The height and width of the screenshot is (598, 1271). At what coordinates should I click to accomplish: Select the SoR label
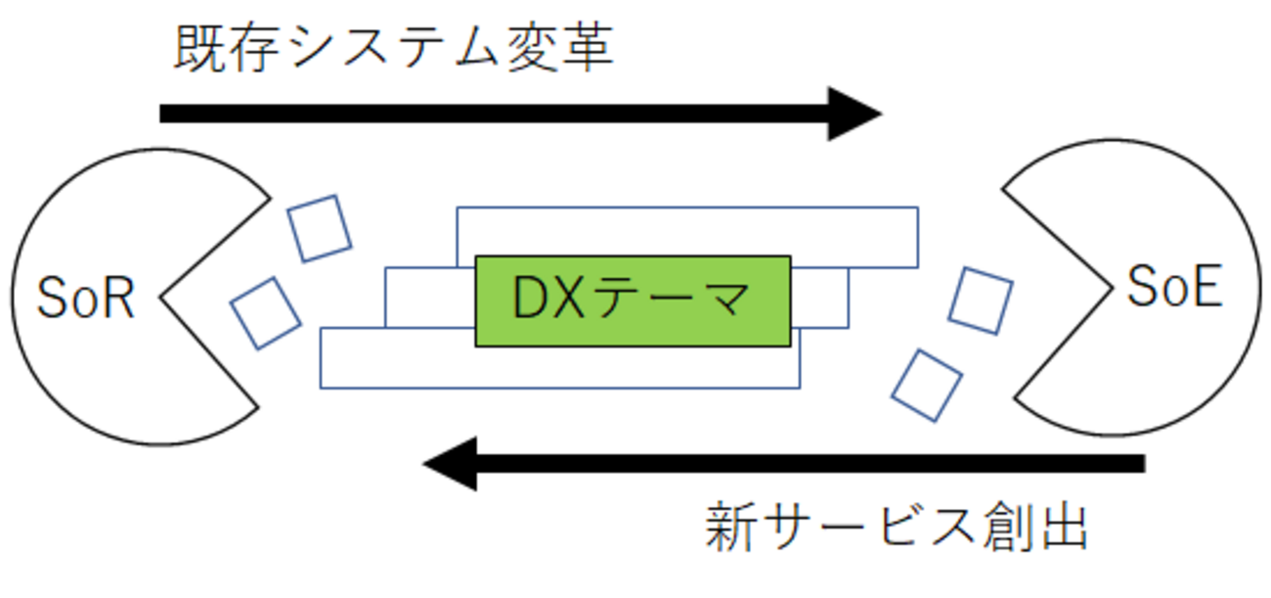coord(85,299)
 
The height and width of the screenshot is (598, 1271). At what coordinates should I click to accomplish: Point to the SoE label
coord(1174,288)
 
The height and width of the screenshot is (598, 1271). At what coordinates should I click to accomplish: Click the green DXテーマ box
coord(633,300)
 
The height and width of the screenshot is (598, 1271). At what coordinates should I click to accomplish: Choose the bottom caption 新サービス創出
coord(896,529)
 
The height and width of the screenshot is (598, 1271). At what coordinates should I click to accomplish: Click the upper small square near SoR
coord(319,228)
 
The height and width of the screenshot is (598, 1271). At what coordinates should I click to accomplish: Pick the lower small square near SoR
coord(265,312)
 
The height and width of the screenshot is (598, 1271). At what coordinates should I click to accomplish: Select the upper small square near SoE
coord(981,299)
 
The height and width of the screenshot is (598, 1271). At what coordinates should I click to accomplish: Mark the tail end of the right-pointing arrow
coord(164,114)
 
